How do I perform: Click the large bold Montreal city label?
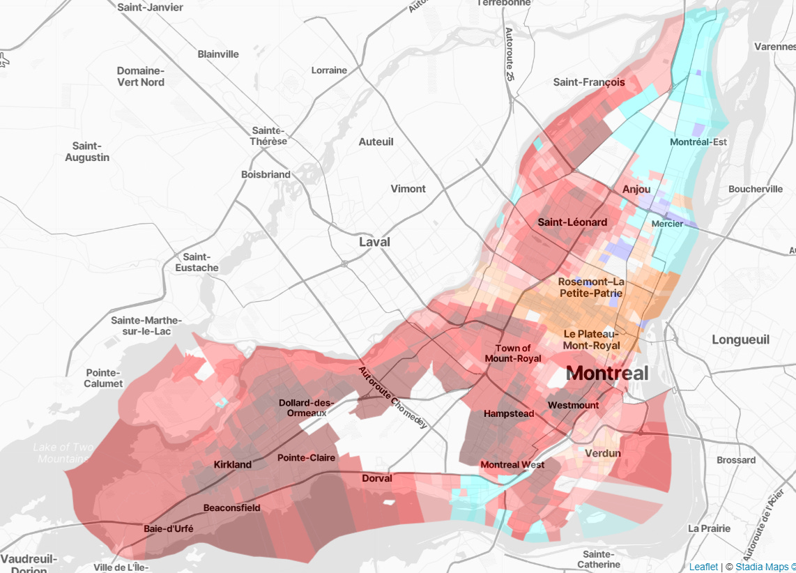tap(607, 373)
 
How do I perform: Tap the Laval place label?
tap(374, 242)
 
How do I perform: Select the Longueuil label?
tap(740, 339)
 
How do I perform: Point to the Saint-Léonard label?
tap(572, 222)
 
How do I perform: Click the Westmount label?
tap(573, 405)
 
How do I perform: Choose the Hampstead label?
tap(509, 413)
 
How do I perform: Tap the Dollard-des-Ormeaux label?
tap(307, 408)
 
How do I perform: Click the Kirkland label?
tap(233, 464)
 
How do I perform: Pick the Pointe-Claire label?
tap(306, 458)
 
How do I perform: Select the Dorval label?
tap(377, 478)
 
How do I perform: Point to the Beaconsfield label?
tap(231, 507)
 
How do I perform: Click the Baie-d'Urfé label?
tap(168, 528)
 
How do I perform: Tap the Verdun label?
tap(603, 453)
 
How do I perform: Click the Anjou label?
tap(636, 189)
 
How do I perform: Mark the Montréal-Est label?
tap(698, 142)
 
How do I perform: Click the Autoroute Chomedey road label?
tap(393, 398)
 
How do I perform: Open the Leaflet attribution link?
tap(703, 567)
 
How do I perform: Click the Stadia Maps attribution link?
tap(765, 567)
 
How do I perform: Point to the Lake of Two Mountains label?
tap(62, 453)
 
